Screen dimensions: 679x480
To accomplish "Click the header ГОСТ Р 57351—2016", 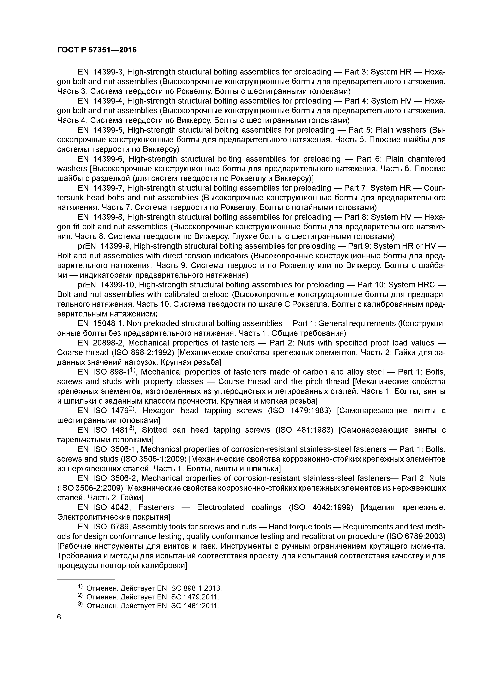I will pyautogui.click(x=97, y=50).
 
